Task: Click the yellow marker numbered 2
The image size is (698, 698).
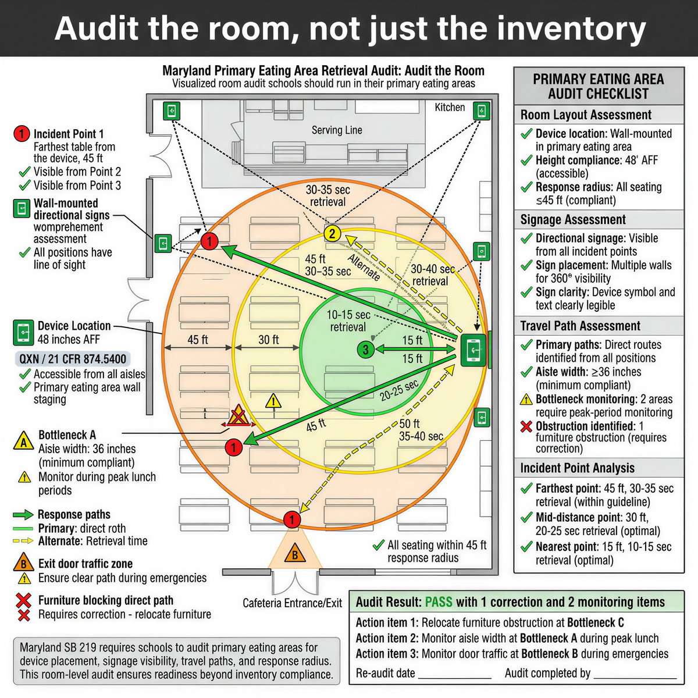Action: coord(332,234)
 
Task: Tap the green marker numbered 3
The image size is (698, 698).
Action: coord(365,350)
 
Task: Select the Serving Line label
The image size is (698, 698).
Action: coord(337,130)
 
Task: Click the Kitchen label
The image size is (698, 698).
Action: coord(450,108)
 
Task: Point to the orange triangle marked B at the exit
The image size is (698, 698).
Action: coord(295,554)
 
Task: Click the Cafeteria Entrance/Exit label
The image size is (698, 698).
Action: coord(292,603)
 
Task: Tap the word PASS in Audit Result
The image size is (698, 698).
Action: coord(439,603)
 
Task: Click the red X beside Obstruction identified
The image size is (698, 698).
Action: coord(526,426)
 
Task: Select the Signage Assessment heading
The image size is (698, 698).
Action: coord(573,220)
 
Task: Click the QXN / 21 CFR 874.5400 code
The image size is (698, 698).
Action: coord(73,359)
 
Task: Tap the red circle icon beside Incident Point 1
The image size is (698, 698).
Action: coord(21,134)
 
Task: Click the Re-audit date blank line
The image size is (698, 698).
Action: coord(455,675)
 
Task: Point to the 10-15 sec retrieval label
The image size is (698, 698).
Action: coord(348,321)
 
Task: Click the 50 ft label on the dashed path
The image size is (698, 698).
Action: coord(409,424)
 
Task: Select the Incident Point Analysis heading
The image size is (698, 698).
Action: coord(577,468)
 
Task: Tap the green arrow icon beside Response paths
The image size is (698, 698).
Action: coord(23,515)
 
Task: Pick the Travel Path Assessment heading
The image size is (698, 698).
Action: coord(580,326)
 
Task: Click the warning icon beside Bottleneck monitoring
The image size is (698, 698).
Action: coord(526,400)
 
